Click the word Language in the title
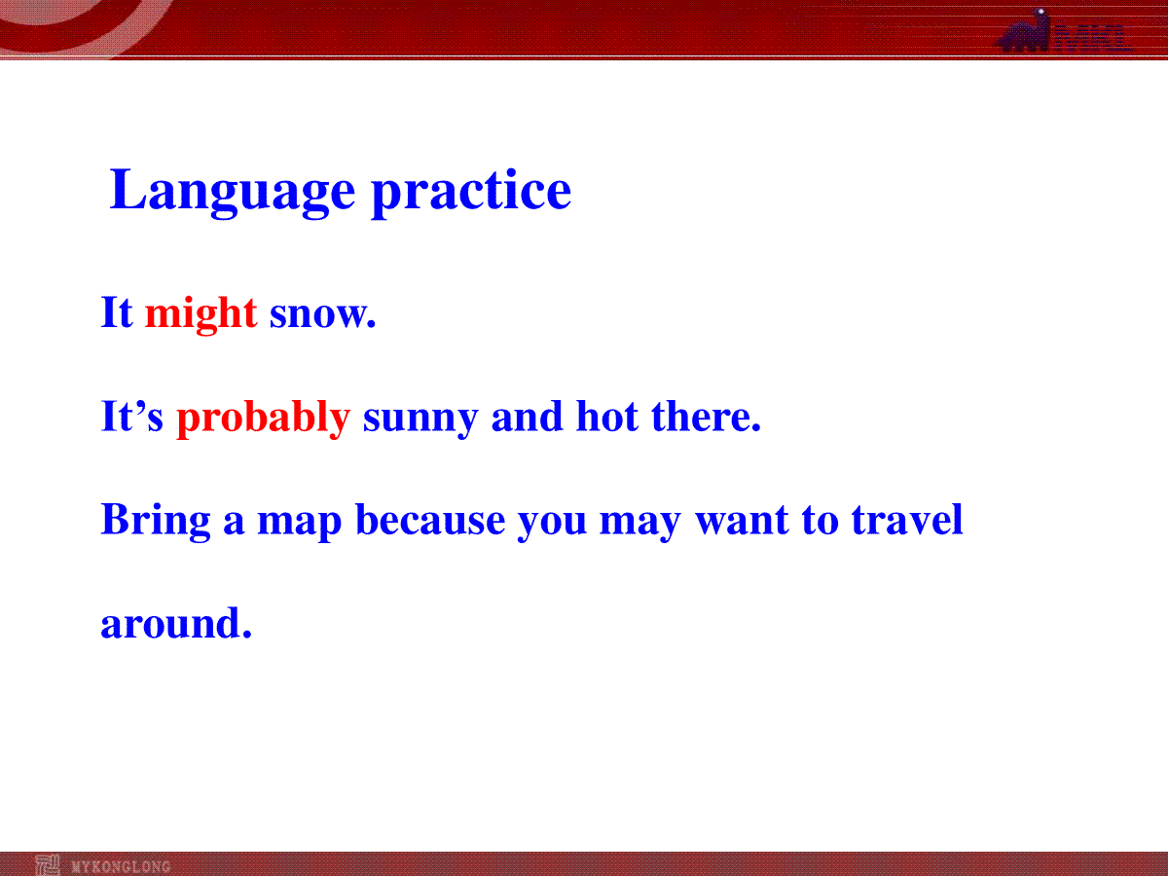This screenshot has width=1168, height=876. click(232, 192)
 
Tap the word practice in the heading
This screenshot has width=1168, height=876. click(471, 192)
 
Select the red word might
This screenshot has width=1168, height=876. click(201, 314)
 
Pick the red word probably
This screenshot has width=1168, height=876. click(264, 419)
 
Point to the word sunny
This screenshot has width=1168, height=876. click(420, 420)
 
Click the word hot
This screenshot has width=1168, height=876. click(607, 416)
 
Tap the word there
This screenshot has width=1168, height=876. click(706, 416)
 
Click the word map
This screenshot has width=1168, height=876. click(299, 524)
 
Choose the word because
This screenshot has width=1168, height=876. click(430, 519)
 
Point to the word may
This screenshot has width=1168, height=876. click(639, 524)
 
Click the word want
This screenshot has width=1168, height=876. click(742, 521)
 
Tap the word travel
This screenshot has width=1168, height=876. click(907, 519)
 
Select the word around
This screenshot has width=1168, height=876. click(176, 622)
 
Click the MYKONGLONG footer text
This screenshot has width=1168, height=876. click(121, 867)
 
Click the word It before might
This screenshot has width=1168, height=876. click(117, 312)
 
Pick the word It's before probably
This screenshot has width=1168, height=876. click(132, 416)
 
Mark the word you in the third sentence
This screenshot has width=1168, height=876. click(552, 524)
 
